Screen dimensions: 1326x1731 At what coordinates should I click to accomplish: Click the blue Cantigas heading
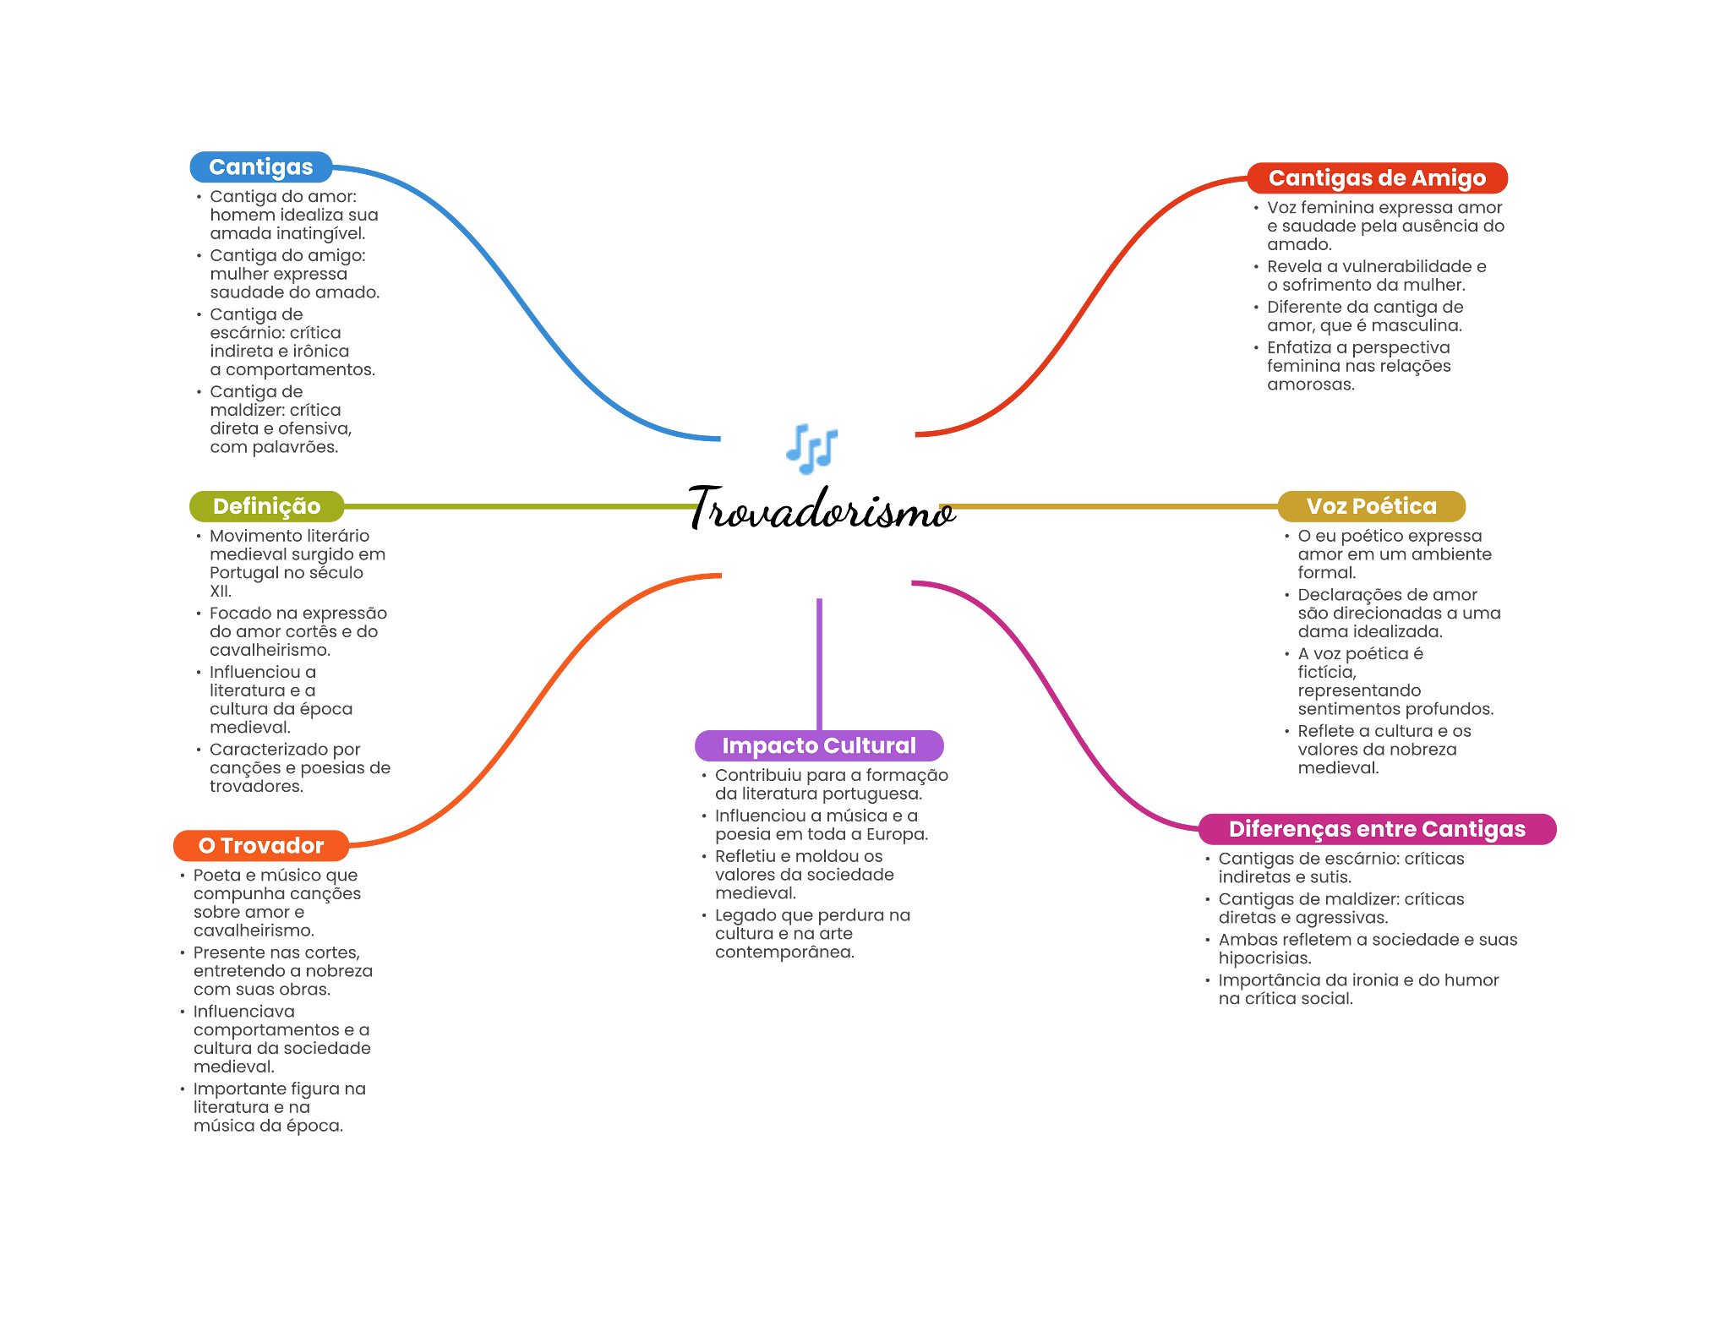(x=260, y=167)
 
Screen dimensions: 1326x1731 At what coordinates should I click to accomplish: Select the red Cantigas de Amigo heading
(x=1377, y=178)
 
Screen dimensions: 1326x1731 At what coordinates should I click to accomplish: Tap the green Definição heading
(x=266, y=506)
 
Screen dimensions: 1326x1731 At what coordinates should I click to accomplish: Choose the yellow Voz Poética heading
(x=1371, y=506)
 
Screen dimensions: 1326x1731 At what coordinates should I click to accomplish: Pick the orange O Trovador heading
(x=260, y=846)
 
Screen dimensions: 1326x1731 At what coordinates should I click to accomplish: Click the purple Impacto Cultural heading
(x=818, y=745)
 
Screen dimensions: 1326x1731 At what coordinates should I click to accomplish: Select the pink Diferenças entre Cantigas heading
(x=1377, y=829)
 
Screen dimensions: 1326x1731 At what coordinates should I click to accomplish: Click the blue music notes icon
(x=811, y=449)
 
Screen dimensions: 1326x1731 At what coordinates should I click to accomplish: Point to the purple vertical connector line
(x=819, y=663)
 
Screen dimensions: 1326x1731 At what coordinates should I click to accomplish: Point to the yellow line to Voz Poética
(x=1107, y=507)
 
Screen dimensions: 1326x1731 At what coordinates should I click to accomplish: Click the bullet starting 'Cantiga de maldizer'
(x=279, y=419)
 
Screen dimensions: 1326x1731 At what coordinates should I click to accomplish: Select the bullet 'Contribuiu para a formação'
(x=831, y=784)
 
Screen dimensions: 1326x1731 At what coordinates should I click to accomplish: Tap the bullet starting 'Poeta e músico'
(x=276, y=903)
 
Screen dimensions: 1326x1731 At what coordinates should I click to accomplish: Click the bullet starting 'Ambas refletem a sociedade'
(x=1367, y=948)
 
